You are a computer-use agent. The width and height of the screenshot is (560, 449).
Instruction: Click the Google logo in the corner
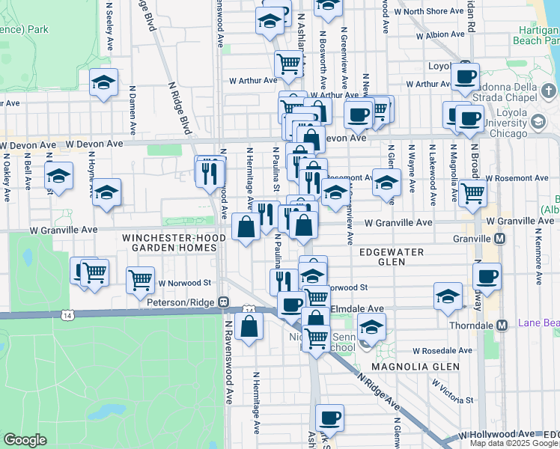pos(25,440)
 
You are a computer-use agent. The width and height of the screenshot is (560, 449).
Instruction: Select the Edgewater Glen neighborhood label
pos(391,257)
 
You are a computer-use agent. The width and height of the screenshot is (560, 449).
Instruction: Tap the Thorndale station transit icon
pos(502,325)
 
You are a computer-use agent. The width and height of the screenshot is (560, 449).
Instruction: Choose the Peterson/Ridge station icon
pos(223,302)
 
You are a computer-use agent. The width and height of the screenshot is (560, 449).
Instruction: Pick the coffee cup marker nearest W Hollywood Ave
pos(329,417)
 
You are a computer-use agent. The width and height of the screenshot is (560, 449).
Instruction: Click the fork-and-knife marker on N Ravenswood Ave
pos(210,172)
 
